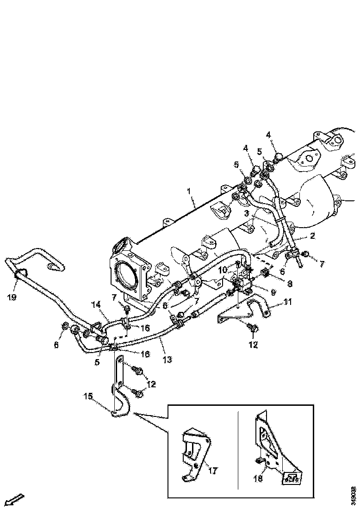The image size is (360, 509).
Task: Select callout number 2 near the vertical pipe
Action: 312,236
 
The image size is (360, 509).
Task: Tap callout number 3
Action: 247,213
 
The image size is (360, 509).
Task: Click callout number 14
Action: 95,305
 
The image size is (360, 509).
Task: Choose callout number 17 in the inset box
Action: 213,471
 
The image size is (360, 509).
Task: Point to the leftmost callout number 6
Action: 57,345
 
